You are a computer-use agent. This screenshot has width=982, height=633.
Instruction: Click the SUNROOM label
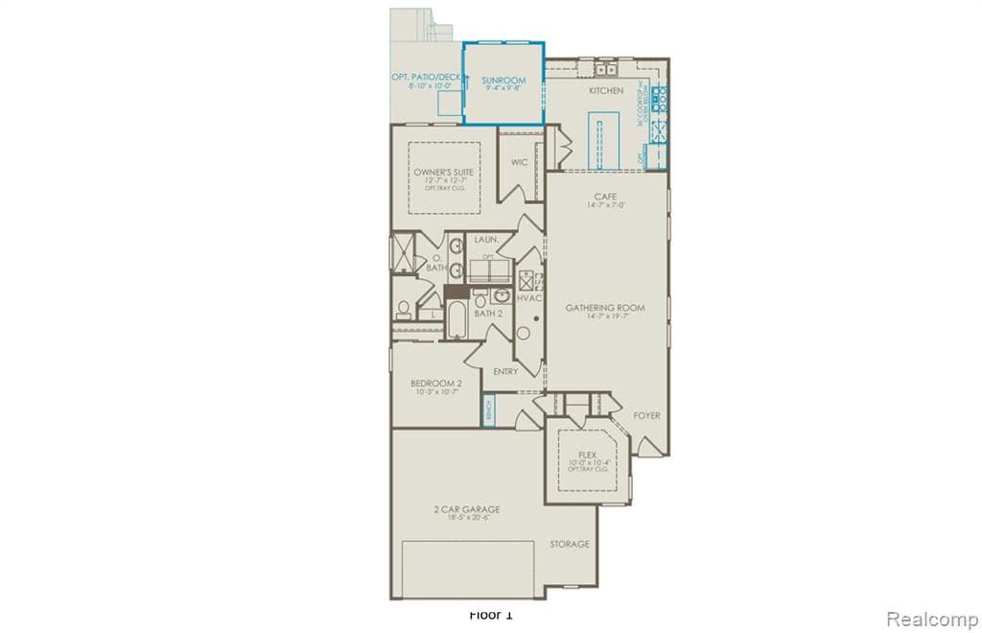503,82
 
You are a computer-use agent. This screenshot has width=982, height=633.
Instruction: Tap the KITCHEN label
606,91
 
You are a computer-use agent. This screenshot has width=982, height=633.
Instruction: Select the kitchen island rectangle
600,139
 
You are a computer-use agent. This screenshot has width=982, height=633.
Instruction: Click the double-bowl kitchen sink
605,69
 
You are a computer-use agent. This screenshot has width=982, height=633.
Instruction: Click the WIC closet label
519,163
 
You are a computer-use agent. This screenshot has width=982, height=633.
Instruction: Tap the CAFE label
605,197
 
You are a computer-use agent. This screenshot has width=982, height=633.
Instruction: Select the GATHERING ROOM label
604,308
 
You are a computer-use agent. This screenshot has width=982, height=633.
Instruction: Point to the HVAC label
529,298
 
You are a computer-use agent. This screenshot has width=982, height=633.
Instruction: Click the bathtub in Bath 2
456,320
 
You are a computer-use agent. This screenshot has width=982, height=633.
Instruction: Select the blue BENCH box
487,410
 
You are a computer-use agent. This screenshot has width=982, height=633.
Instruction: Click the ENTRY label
505,371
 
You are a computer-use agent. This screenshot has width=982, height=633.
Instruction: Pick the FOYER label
646,415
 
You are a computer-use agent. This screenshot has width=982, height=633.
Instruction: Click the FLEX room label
587,455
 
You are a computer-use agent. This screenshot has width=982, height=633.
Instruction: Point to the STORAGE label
569,544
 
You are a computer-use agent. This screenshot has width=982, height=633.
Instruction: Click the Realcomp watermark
931,619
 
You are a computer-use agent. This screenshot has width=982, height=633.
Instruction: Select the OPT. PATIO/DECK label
425,78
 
